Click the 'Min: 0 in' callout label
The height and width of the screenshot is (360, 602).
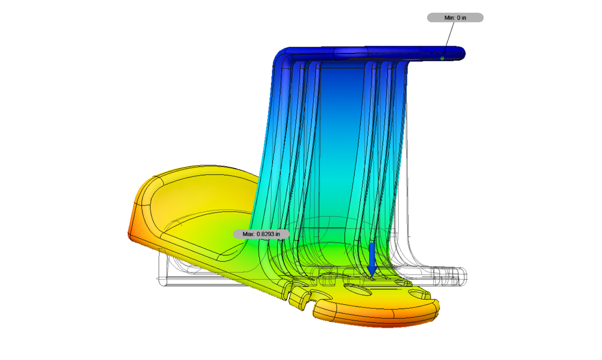455,18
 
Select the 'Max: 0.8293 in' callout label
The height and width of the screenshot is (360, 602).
261,234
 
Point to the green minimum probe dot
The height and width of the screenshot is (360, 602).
442,58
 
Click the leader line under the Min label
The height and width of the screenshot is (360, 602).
448,40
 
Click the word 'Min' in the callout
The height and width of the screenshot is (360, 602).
449,18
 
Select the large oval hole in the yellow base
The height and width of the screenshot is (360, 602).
358,290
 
